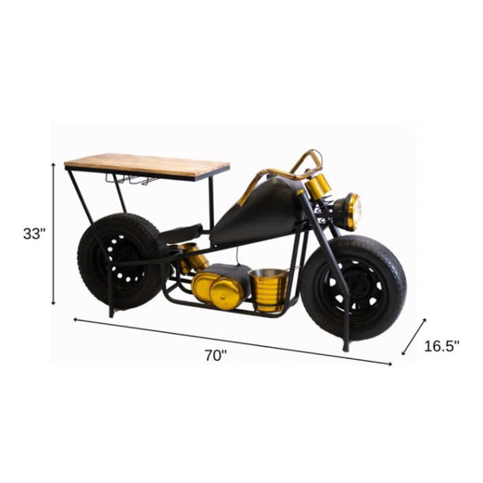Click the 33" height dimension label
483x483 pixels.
coord(33,234)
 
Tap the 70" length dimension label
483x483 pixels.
coord(216,356)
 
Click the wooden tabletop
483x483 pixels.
coord(147,165)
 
